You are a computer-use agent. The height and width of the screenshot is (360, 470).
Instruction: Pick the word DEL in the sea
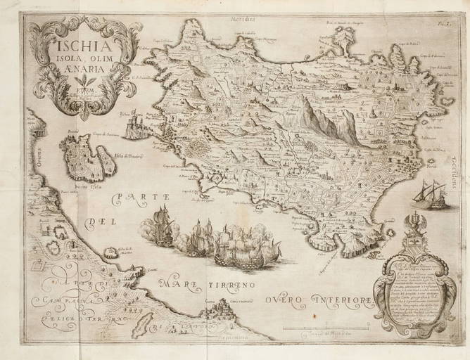pyautogui.click(x=100, y=224)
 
